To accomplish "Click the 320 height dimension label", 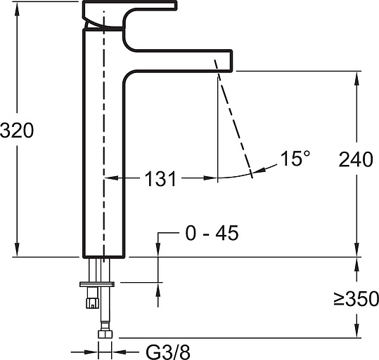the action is tap(17, 131).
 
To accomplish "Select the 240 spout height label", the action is tap(356, 159).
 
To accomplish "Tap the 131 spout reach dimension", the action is tap(160, 179).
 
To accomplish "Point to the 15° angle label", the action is tap(295, 159).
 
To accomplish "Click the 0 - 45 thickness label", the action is tap(212, 233).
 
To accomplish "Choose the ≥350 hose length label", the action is tap(356, 298).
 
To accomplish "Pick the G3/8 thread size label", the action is tap(168, 352).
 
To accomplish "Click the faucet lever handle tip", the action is tap(175, 6).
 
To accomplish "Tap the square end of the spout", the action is tap(231, 61).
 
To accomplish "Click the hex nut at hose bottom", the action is tap(105, 334).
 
